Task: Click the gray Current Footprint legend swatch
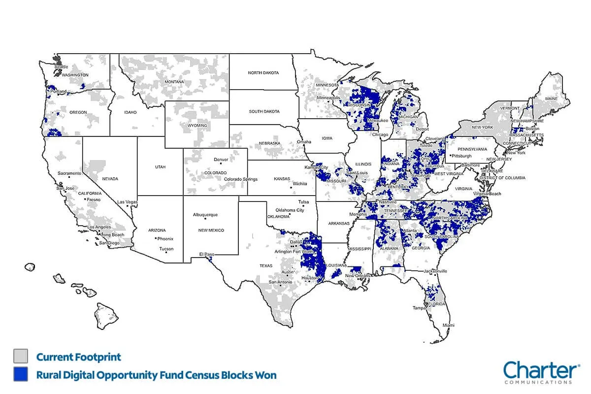(21, 356)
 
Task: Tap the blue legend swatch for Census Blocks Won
(21, 374)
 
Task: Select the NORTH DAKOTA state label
(263, 73)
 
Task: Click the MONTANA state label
(174, 82)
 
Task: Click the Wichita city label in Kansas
(299, 184)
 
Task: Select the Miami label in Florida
(448, 326)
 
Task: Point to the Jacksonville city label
(434, 271)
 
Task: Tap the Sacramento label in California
(69, 173)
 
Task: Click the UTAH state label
(161, 167)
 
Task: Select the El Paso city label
(206, 254)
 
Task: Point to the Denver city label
(221, 160)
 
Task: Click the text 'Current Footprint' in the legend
(78, 357)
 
